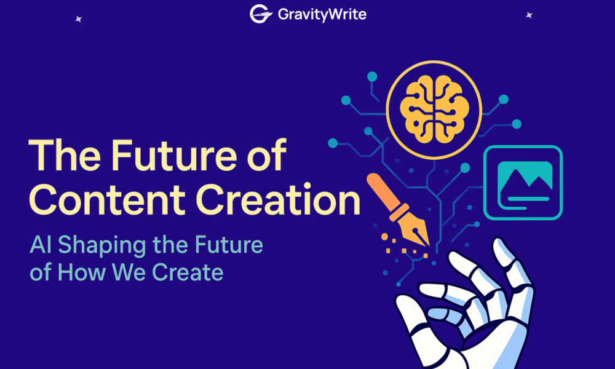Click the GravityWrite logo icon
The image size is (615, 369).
pyautogui.click(x=261, y=14)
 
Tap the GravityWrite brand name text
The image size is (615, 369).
pyautogui.click(x=322, y=15)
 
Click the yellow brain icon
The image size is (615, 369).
pyautogui.click(x=434, y=109)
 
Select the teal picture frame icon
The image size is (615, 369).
pyautogui.click(x=523, y=182)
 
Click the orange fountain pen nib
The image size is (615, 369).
pyautogui.click(x=414, y=231)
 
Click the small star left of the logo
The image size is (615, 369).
pyautogui.click(x=79, y=19)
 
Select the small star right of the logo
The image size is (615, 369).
pyautogui.click(x=529, y=15)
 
